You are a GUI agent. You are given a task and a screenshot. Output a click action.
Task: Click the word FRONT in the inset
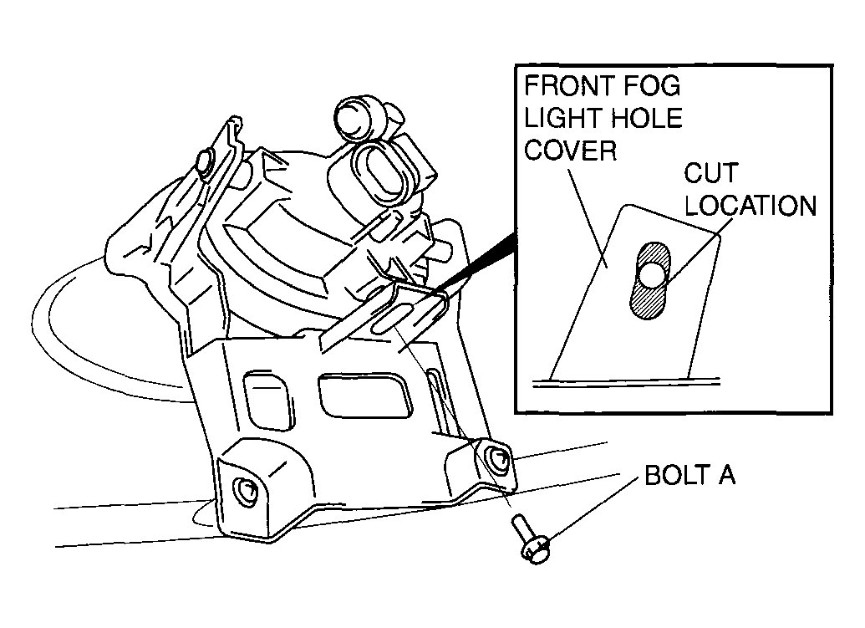569,86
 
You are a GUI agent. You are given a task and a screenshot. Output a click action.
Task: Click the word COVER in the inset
571,151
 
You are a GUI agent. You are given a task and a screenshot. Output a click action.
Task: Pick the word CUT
711,173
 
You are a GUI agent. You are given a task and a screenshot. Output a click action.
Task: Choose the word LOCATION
751,205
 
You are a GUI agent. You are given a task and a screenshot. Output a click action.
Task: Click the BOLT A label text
689,475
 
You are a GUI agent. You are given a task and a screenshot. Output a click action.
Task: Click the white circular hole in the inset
652,273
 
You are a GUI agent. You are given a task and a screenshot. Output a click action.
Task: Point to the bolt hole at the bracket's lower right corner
496,457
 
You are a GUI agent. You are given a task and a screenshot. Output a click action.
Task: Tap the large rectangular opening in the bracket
365,395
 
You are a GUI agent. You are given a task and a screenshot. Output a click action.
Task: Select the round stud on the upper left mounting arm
206,161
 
